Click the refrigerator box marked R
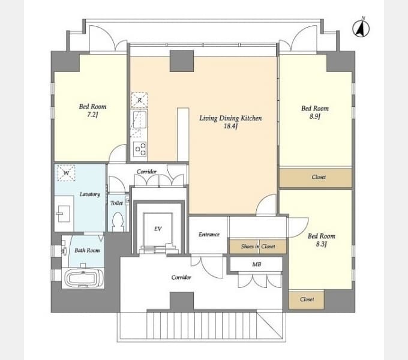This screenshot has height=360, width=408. tap(139, 100)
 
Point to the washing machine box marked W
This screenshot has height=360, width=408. tap(66, 172)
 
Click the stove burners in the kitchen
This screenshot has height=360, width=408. tap(140, 149)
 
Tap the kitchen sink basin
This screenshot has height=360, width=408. tap(140, 119)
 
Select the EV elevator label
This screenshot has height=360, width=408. tap(158, 229)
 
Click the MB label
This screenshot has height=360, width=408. tap(257, 264)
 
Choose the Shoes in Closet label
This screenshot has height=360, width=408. tap(258, 247)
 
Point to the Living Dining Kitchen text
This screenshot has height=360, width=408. tap(230, 118)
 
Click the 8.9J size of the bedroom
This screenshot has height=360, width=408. tap(314, 116)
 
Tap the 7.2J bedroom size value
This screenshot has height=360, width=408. tap(92, 115)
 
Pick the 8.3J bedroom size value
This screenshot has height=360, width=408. tap(321, 244)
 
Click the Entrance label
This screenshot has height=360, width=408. tap(209, 235)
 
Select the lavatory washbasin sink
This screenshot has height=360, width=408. tap(64, 214)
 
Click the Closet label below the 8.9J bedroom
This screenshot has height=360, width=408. tap(319, 177)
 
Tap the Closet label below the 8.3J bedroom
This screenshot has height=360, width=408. tap(307, 299)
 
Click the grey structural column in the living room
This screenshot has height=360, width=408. tap(182, 61)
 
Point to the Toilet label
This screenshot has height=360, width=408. tap(116, 203)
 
